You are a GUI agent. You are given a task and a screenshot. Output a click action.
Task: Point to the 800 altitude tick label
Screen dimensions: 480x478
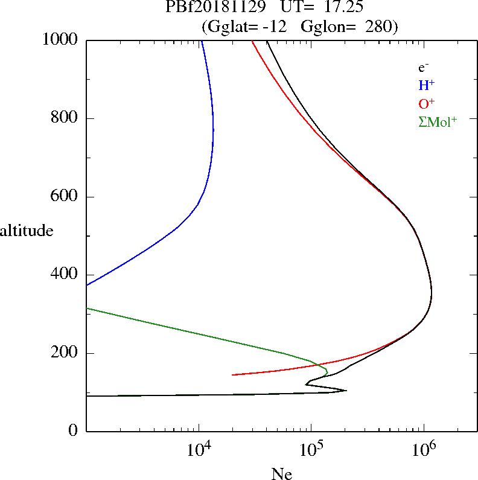point(66,118)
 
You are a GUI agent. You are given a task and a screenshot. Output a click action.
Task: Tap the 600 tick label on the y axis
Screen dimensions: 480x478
point(66,197)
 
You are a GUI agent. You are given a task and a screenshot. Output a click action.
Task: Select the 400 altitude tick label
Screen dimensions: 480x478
point(66,275)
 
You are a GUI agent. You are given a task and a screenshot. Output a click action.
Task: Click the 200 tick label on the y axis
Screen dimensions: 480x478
point(66,353)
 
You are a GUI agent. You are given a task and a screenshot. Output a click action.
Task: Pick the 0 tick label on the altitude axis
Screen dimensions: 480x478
point(74,431)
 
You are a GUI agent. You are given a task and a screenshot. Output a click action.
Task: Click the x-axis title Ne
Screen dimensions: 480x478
point(281,475)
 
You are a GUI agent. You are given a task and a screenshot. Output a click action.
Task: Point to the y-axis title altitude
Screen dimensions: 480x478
point(27,231)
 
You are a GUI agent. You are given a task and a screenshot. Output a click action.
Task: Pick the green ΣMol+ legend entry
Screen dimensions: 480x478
point(437,121)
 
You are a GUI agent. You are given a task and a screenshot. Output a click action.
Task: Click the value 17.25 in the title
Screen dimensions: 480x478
point(343,8)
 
